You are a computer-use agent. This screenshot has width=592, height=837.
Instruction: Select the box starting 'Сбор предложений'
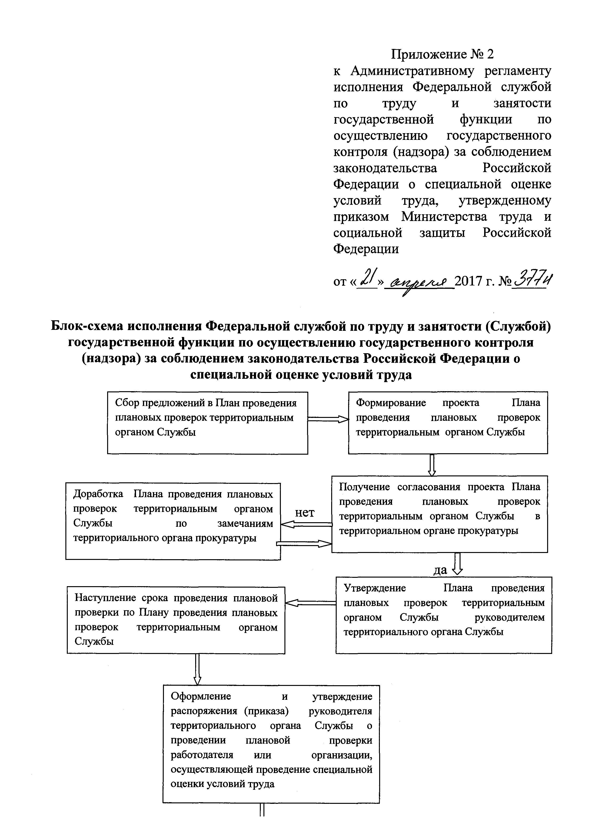207,423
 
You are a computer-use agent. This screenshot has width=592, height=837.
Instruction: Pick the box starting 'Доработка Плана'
173,521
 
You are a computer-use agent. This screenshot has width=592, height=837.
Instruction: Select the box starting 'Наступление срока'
176,620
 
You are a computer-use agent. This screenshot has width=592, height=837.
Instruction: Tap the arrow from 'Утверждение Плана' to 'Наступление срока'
310,603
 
